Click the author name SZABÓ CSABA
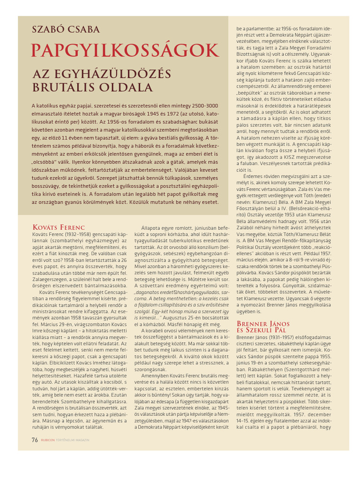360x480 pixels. pyautogui.click(x=66, y=30)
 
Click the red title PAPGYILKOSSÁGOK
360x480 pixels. pyautogui.click(x=125, y=51)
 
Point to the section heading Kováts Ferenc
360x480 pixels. pyautogui.click(x=58, y=227)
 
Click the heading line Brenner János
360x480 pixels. pyautogui.click(x=261, y=324)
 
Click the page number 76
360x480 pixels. pyautogui.click(x=34, y=440)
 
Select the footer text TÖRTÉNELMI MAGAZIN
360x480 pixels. pyautogui.click(x=73, y=440)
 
